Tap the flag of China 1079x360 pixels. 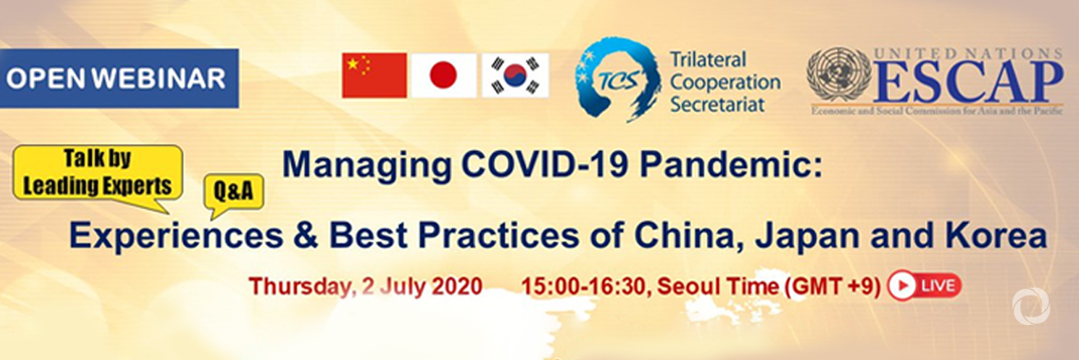(x=373, y=75)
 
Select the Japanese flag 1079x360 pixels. (x=443, y=75)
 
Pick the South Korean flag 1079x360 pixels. (x=515, y=75)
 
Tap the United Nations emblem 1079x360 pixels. (x=839, y=74)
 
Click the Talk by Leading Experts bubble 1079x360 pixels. (x=97, y=172)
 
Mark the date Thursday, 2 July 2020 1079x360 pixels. (x=365, y=285)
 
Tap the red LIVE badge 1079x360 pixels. (x=924, y=285)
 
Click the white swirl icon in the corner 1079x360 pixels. (x=1030, y=307)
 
